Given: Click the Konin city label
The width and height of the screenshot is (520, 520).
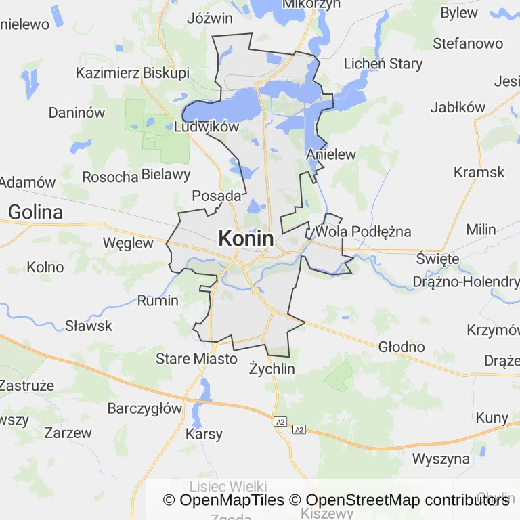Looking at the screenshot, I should pos(246,238).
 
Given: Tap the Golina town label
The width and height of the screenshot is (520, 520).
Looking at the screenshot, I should pos(35,212).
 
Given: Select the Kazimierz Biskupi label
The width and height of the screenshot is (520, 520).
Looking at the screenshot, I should pos(133,73).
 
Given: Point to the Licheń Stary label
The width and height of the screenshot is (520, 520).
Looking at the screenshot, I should pos(383,64).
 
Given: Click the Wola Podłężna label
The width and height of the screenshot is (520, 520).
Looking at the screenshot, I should pos(364,232).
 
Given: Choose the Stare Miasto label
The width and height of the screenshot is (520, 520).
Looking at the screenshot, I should pos(196,358).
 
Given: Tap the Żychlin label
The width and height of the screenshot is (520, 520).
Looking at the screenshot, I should pos(272,369).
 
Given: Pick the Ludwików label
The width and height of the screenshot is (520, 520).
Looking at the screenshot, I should pos(207,127).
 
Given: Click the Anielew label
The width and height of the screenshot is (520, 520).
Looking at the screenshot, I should pos(331,154).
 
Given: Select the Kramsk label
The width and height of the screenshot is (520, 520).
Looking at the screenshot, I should pos(479,172).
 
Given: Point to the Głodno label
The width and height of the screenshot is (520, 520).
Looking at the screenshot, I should pos(402,347).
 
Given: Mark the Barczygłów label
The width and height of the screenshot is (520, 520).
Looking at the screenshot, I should pos(145,408).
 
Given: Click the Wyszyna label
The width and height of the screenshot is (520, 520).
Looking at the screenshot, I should pos(441,458).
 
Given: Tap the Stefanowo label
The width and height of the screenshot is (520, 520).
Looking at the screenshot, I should pos(468,43).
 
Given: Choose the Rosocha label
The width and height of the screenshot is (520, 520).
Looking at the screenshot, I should pos(110,177).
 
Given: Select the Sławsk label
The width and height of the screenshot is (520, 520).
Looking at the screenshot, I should pos(89,326).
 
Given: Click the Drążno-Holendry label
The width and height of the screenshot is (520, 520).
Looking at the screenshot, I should pos(467,281).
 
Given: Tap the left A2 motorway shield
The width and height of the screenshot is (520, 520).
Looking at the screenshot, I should pos(280,422).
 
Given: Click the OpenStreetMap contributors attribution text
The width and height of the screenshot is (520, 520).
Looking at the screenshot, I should pos(408,500).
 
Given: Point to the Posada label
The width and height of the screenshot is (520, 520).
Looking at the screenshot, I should pos(217,196).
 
